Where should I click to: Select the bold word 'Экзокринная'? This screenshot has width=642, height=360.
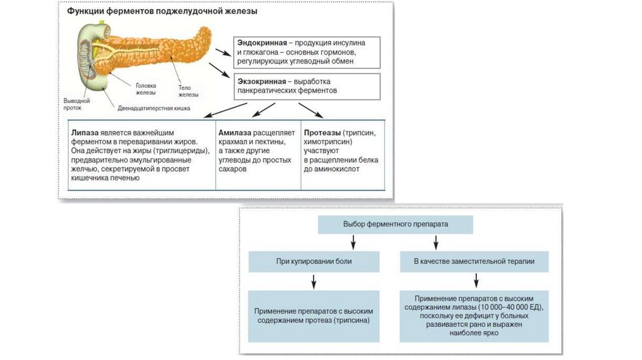[260, 82]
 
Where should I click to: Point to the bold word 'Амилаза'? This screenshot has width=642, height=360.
[235, 134]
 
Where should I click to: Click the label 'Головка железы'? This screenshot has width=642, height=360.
[146, 88]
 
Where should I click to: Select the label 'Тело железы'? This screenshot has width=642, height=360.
[188, 91]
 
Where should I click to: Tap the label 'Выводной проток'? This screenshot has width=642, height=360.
[76, 103]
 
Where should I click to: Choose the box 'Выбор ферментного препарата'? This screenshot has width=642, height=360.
[396, 224]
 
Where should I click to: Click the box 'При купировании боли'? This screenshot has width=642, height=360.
[313, 261]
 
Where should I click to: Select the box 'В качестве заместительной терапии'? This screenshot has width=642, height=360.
[474, 261]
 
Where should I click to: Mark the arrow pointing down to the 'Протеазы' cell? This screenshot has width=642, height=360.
[312, 112]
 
